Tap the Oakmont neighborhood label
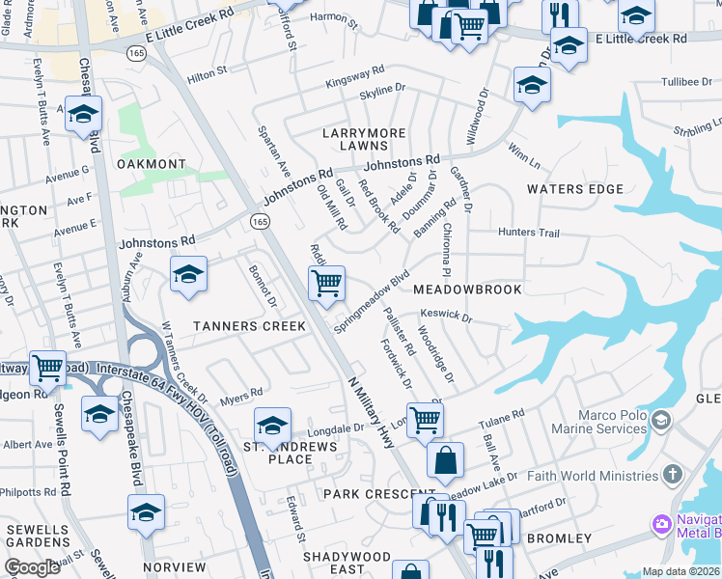pyautogui.click(x=151, y=164)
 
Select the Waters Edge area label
pyautogui.click(x=575, y=189)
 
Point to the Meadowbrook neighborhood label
pyautogui.click(x=467, y=289)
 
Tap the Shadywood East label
pyautogui.click(x=347, y=564)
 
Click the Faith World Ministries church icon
pyautogui.click(x=673, y=475)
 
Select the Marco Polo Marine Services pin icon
pyautogui.click(x=660, y=420)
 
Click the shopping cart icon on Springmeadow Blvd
pyautogui.click(x=327, y=284)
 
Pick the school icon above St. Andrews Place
pyautogui.click(x=272, y=425)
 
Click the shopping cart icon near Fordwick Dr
pyautogui.click(x=424, y=420)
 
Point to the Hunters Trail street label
pyautogui.click(x=529, y=233)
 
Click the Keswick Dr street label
pyautogui.click(x=446, y=316)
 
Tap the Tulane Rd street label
pyautogui.click(x=506, y=418)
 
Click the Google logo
pyautogui.click(x=33, y=567)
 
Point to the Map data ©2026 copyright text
pyautogui.click(x=680, y=571)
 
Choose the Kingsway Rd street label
pyautogui.click(x=355, y=73)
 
